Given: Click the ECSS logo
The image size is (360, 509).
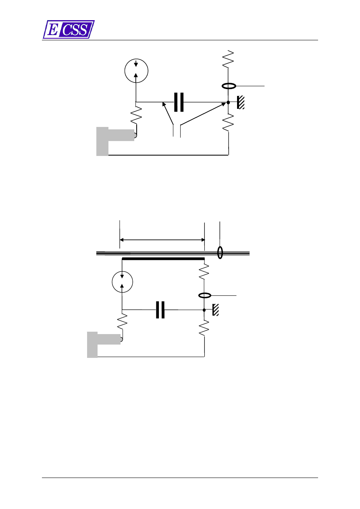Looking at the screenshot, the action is click(x=69, y=29).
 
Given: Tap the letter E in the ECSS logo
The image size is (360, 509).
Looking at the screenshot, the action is click(x=53, y=29).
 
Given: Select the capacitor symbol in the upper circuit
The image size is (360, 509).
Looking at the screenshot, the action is click(x=179, y=102).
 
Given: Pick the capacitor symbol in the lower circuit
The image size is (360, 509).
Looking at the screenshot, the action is click(x=160, y=310).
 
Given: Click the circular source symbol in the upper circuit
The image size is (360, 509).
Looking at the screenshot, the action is click(x=136, y=71).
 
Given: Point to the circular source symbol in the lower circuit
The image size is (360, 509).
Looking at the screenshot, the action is click(x=122, y=282).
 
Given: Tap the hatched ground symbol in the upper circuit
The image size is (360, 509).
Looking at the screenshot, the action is click(x=241, y=102).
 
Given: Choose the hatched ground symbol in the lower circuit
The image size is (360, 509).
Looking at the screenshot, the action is click(x=216, y=310).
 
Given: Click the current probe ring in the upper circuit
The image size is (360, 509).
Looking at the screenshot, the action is click(x=229, y=86).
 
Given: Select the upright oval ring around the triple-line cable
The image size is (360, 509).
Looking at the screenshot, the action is click(x=220, y=253).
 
